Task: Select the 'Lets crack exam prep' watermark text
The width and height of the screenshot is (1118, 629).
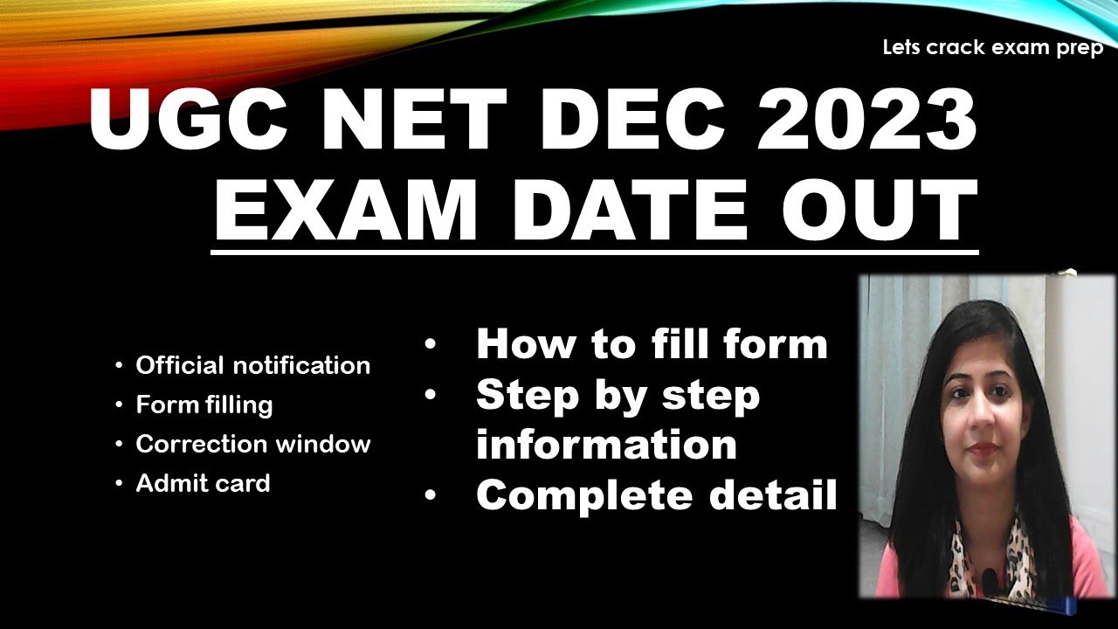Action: pyautogui.click(x=993, y=48)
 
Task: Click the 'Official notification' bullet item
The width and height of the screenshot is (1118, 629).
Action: pyautogui.click(x=252, y=365)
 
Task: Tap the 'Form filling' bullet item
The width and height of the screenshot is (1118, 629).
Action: pyautogui.click(x=204, y=405)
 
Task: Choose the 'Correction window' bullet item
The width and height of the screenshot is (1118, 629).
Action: pyautogui.click(x=253, y=444)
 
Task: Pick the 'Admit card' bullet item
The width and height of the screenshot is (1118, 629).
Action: pyautogui.click(x=203, y=483)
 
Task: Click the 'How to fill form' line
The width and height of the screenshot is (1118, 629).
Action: pyautogui.click(x=652, y=343)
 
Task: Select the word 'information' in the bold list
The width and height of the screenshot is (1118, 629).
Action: pyautogui.click(x=606, y=444)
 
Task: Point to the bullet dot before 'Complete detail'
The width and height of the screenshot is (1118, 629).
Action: pyautogui.click(x=430, y=495)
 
